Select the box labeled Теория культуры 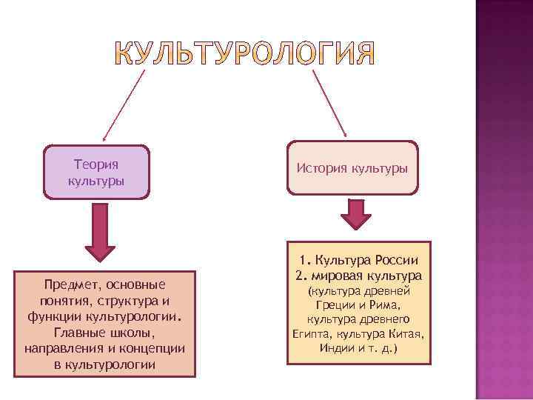(96, 173)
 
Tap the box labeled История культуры (352, 168)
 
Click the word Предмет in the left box (73, 284)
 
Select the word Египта (312, 333)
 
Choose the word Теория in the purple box (96, 164)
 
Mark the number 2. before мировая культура (300, 276)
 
